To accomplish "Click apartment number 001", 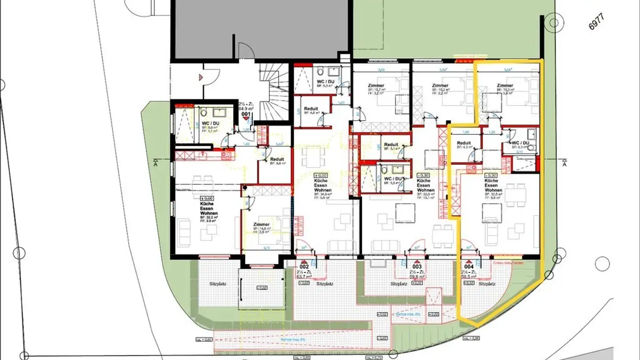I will point(246,114).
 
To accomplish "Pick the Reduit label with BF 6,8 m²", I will point(277,159).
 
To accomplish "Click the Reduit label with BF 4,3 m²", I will point(464,143).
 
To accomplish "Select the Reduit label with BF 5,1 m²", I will point(391,145).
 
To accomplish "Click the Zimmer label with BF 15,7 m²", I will point(376,85).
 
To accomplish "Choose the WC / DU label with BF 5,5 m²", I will point(392,179).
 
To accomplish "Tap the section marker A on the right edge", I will point(564,164).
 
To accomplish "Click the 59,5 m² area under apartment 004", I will point(469,276).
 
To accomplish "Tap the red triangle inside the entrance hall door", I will point(201,77).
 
